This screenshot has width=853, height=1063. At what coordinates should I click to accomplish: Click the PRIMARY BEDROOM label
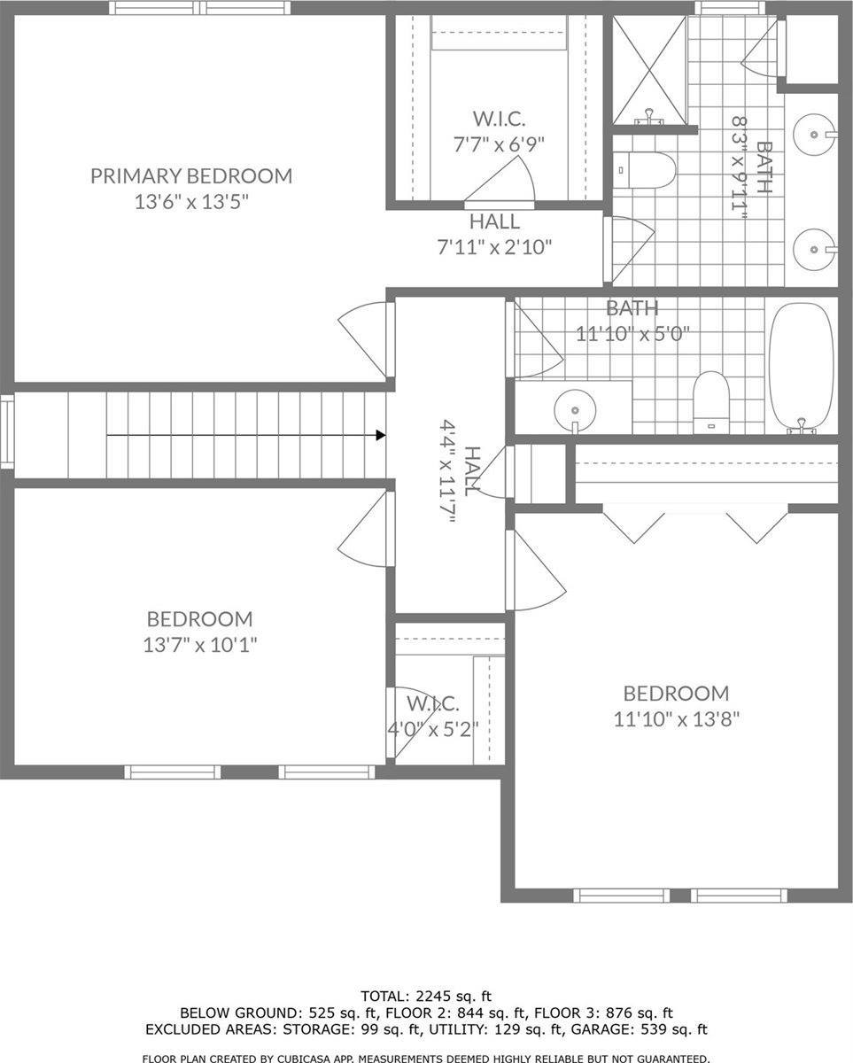click(190, 175)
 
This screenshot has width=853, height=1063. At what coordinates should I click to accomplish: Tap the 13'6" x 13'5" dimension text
click(190, 202)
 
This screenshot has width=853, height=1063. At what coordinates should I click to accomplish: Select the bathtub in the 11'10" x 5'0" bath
click(801, 367)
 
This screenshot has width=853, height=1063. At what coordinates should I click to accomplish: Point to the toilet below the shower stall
click(647, 169)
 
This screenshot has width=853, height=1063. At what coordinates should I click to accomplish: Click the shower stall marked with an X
click(649, 68)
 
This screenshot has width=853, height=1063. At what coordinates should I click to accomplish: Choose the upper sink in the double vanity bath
click(813, 135)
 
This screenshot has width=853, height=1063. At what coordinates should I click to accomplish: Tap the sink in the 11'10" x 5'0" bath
click(574, 409)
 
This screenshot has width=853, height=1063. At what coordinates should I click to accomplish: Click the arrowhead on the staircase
click(380, 435)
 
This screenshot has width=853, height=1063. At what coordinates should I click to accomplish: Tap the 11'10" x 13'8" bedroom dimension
click(676, 719)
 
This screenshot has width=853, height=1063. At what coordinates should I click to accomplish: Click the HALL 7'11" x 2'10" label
click(494, 234)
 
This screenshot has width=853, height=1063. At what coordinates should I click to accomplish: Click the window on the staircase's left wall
click(6, 432)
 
